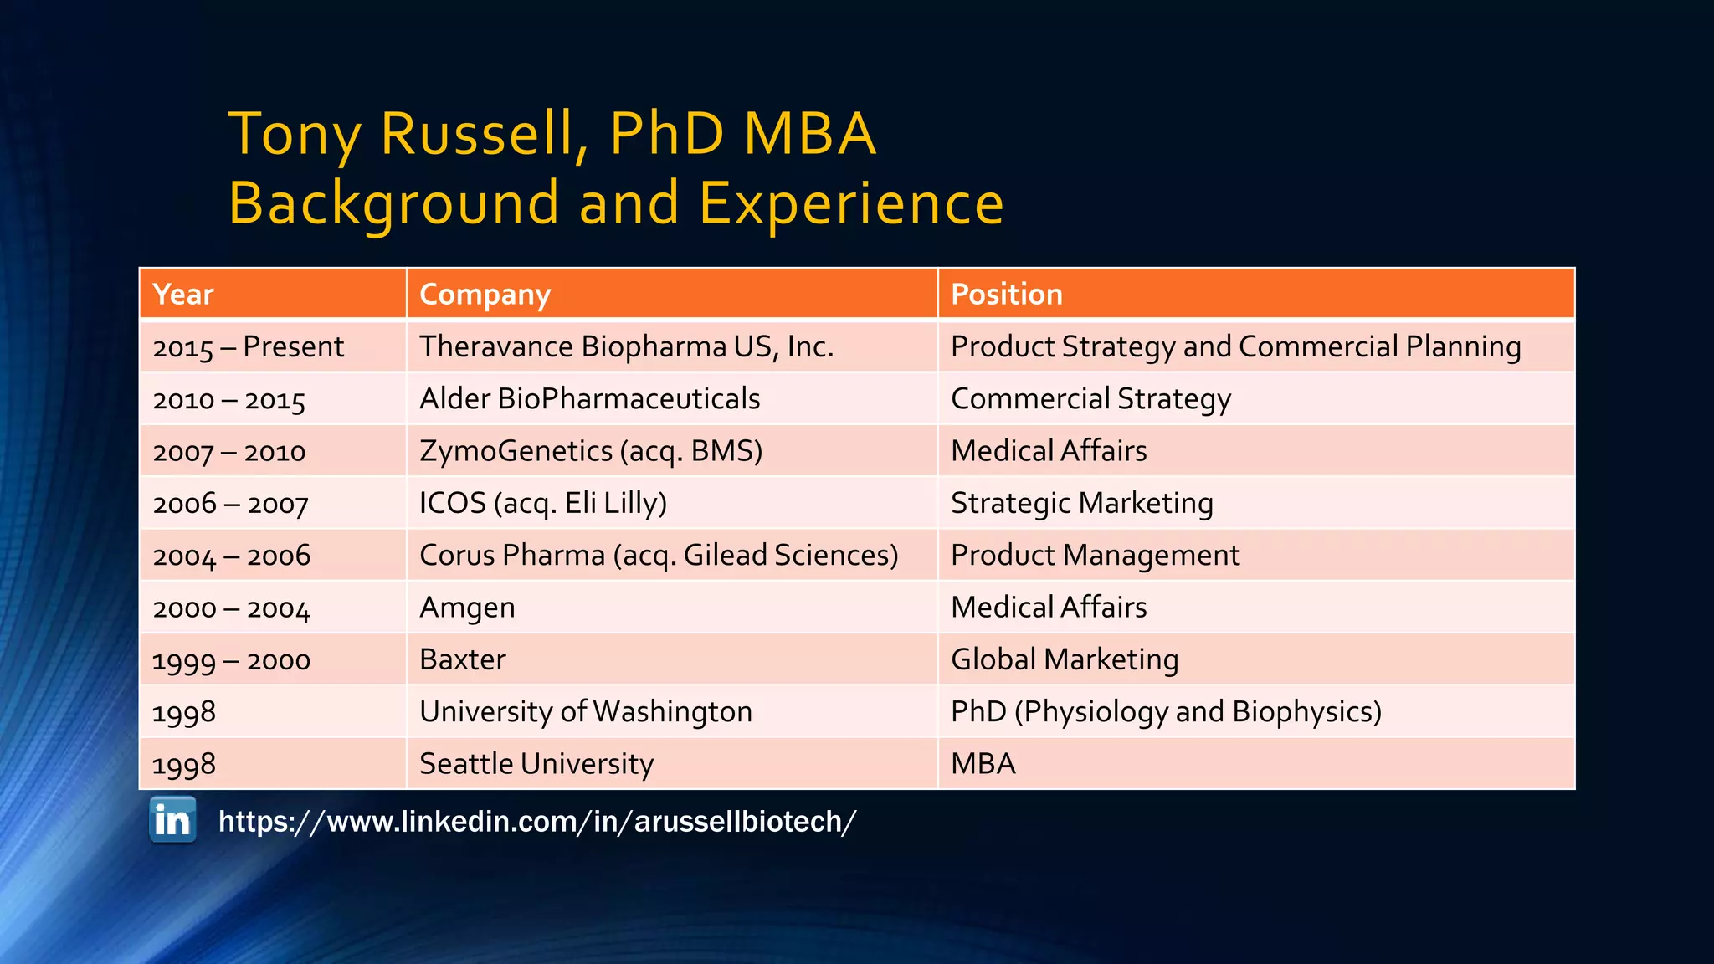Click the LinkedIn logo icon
point(172,820)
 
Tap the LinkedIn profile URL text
point(536,822)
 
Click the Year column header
point(183,295)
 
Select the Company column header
point(485,295)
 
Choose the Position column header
point(1006,295)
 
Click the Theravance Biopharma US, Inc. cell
point(626,346)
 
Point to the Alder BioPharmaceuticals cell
point(589,399)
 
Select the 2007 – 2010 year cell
point(229,452)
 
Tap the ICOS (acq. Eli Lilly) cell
point(542,503)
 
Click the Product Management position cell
point(1095,556)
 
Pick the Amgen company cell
point(467,608)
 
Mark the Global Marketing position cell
point(1065,659)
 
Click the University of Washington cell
point(585,712)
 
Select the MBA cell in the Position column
point(983,764)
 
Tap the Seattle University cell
point(536,764)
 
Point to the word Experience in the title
point(850,203)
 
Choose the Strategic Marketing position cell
point(1081,503)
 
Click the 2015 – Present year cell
point(248,347)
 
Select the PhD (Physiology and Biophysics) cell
point(1165,712)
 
